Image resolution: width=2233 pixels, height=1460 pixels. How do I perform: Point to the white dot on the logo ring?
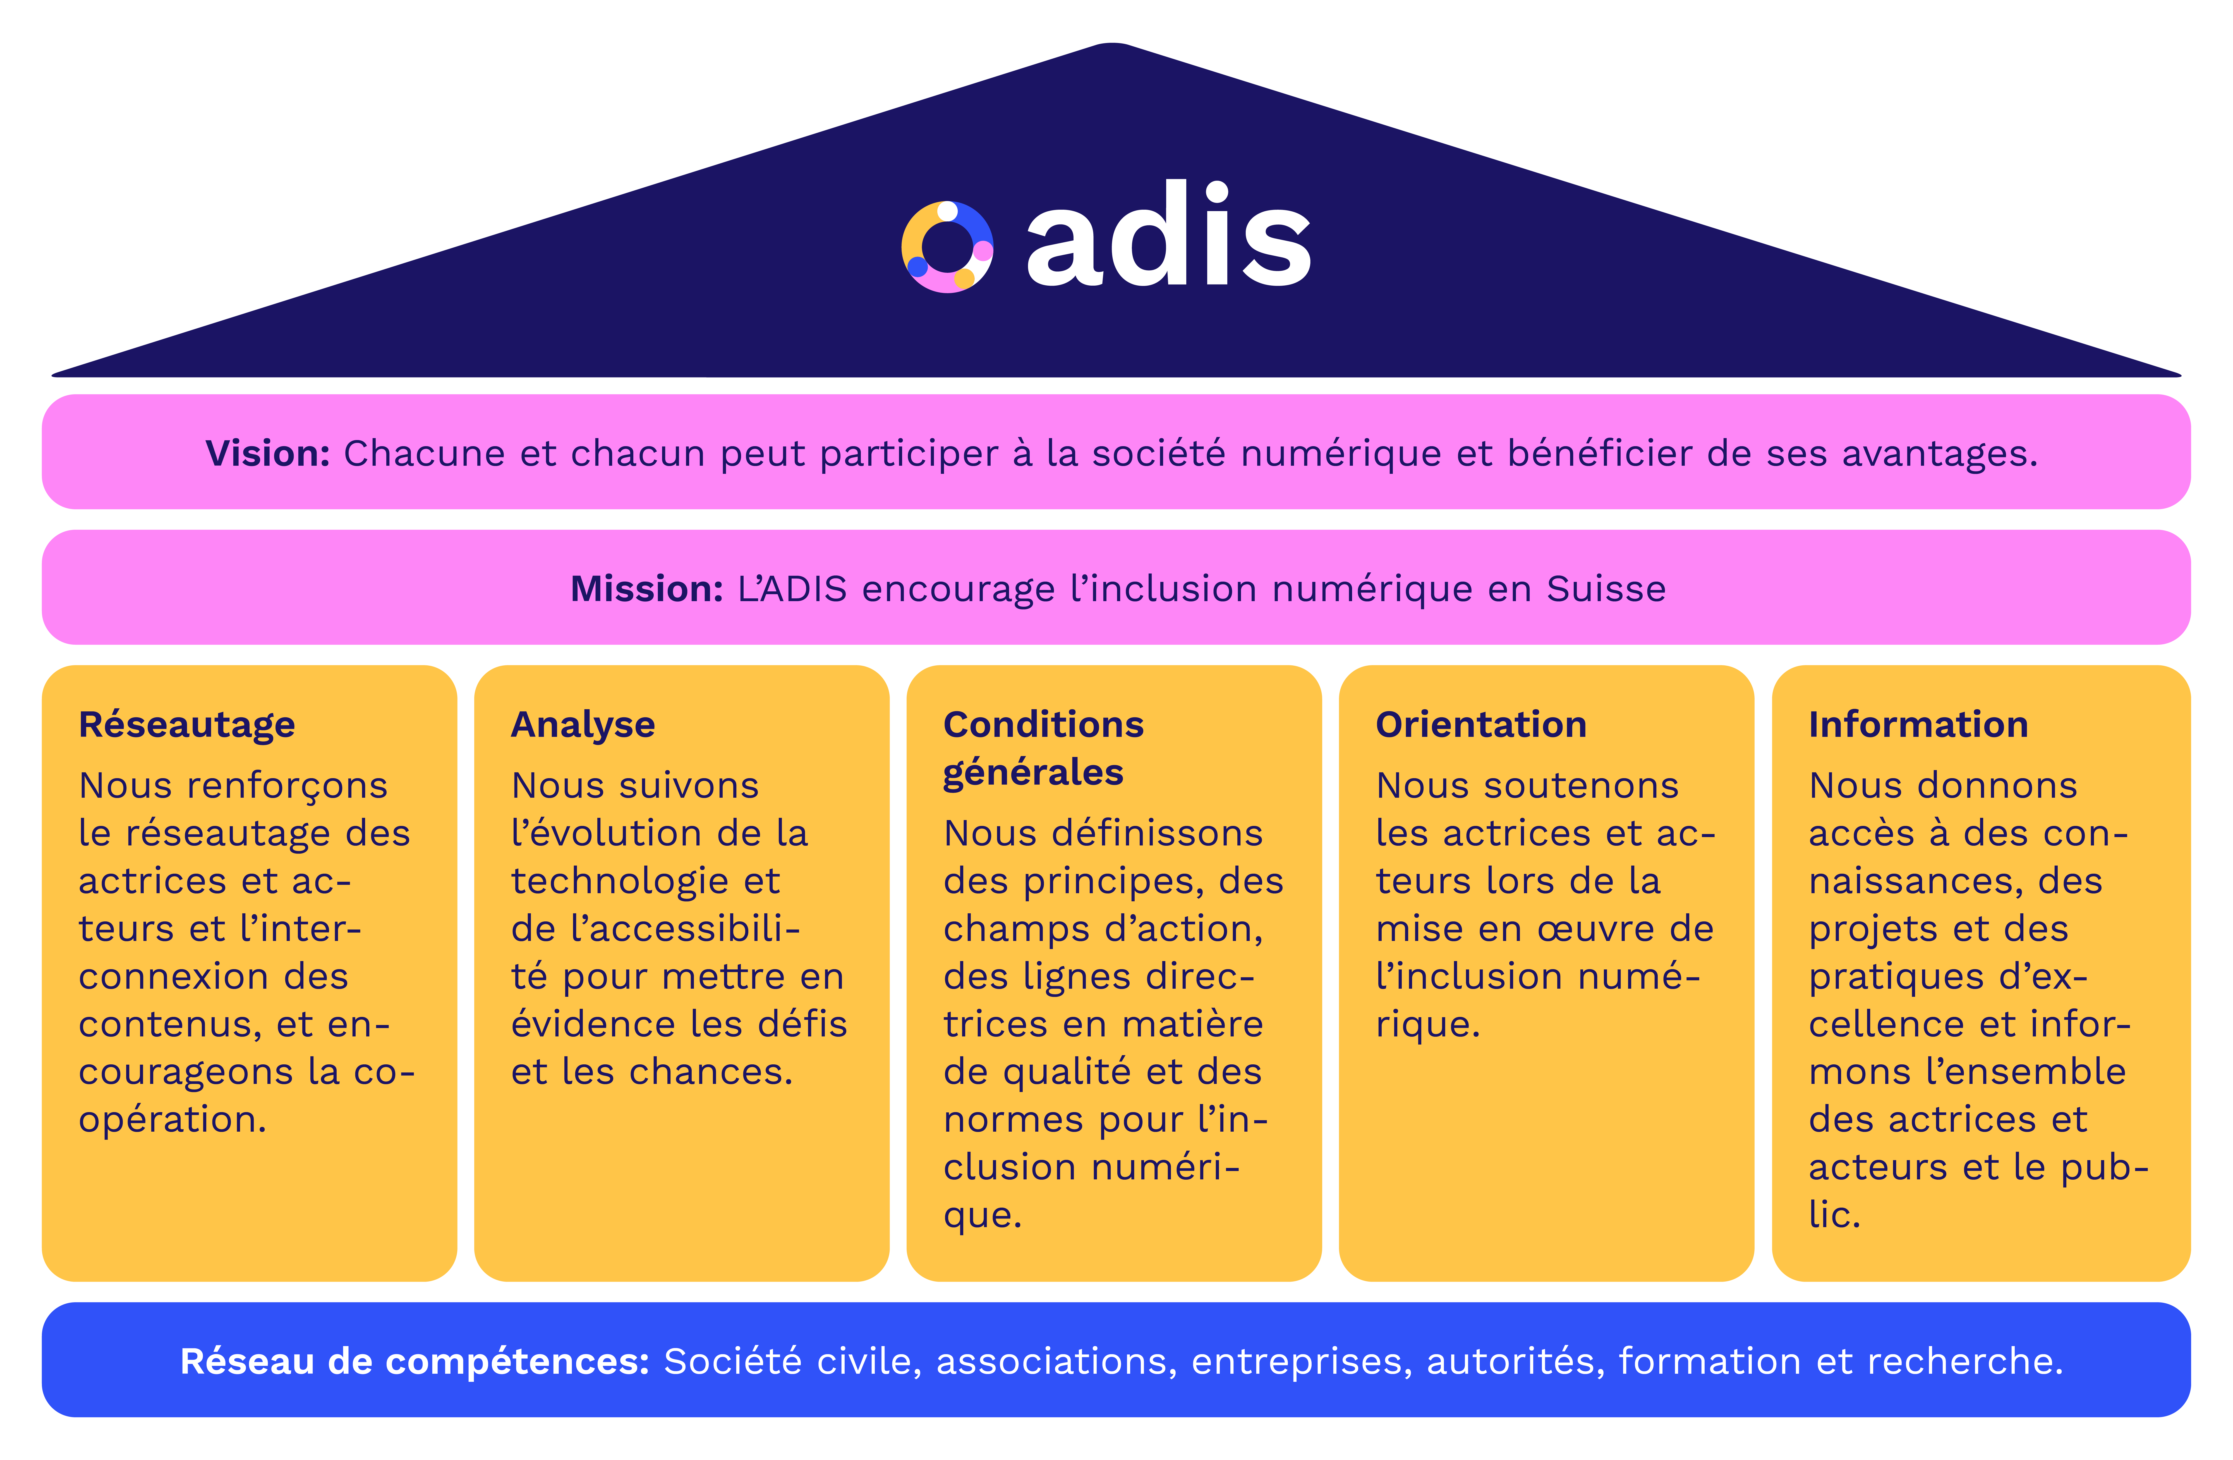948,211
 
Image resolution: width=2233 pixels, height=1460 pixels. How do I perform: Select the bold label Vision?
267,453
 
